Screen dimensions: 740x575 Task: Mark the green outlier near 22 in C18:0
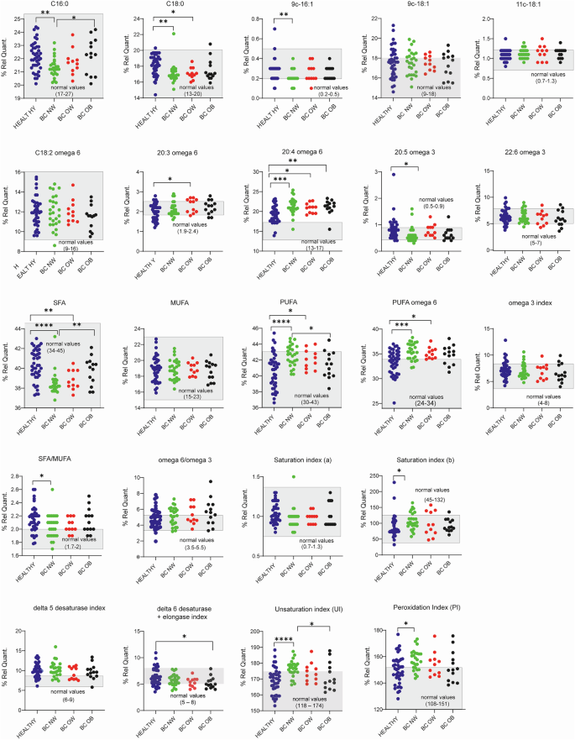pyautogui.click(x=173, y=34)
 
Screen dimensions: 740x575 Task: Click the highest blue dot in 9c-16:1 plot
pyautogui.click(x=274, y=29)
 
